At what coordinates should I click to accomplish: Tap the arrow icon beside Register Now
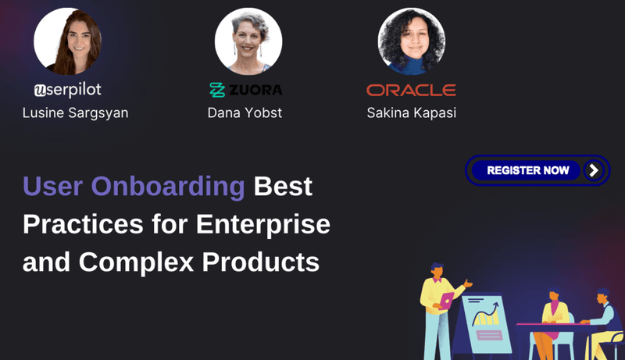click(595, 170)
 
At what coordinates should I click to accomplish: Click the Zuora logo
click(245, 90)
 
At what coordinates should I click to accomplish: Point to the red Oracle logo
click(411, 89)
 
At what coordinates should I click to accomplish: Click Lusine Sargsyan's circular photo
click(67, 41)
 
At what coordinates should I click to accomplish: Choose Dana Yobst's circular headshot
click(248, 41)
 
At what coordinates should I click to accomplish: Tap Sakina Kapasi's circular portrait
click(411, 41)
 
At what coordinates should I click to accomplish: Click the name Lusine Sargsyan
click(75, 113)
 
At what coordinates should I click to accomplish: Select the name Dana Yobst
click(245, 113)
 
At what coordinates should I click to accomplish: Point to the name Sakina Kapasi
click(411, 113)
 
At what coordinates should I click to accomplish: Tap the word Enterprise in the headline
click(262, 225)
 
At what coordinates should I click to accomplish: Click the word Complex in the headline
click(136, 262)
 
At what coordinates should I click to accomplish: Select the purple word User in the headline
click(53, 187)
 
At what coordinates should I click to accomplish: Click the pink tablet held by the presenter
click(446, 299)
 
